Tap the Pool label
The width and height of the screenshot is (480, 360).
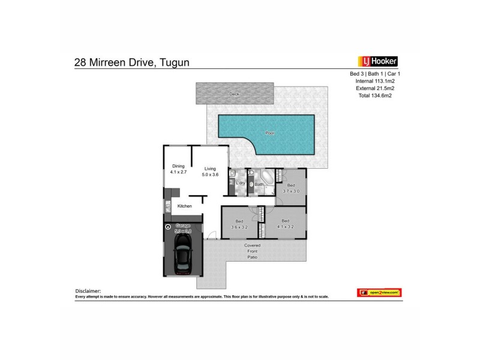pos(269,133)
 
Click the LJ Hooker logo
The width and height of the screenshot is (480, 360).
pos(378,61)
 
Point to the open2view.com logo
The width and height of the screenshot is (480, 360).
pos(379,292)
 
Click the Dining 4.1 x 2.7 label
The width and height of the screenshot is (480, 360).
pos(179,170)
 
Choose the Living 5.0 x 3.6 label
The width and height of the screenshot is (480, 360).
pos(210,172)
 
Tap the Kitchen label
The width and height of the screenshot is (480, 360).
pos(184,206)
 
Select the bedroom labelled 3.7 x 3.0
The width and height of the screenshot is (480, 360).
pos(291,188)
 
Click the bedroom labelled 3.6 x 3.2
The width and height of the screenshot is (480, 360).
pos(239,224)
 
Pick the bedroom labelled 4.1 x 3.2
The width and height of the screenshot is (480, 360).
pos(286,224)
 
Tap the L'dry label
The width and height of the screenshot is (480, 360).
pos(240,183)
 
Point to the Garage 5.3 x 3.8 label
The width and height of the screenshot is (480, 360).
pos(182,229)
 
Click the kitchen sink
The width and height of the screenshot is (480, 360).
pos(168,208)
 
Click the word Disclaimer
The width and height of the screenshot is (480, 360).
pos(88,290)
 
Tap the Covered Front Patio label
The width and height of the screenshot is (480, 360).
pos(252,251)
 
